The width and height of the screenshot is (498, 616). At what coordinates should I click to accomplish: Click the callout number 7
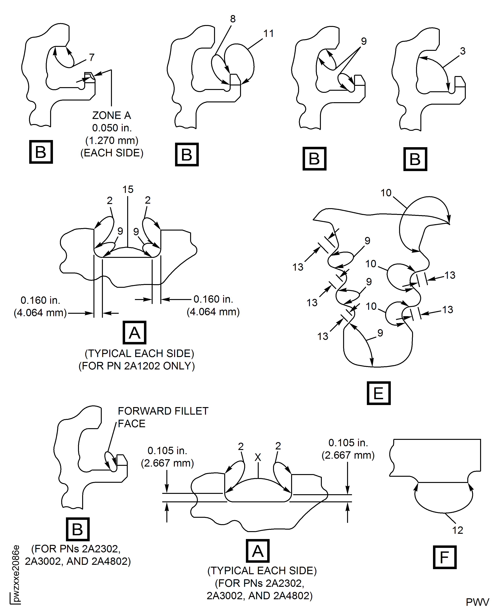click(x=92, y=57)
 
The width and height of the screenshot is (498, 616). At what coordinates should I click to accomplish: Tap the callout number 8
click(x=233, y=19)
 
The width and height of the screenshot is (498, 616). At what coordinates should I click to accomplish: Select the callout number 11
click(x=269, y=34)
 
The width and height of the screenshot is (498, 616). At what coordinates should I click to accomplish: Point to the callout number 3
click(x=462, y=51)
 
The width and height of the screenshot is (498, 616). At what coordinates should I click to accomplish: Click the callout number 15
click(x=128, y=189)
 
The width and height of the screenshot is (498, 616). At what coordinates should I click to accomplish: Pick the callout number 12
click(x=457, y=530)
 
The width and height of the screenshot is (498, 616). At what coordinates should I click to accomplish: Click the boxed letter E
click(x=379, y=393)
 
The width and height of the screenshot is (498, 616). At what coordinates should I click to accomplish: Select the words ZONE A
click(x=112, y=115)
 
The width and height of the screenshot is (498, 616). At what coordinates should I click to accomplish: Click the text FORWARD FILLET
click(x=163, y=411)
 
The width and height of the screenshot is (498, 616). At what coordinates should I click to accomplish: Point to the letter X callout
click(x=258, y=457)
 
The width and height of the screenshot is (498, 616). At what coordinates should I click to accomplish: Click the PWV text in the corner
click(x=477, y=602)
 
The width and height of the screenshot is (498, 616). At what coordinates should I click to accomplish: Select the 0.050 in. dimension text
click(x=112, y=128)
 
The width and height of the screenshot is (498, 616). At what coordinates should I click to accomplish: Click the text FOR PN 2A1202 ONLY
click(x=137, y=366)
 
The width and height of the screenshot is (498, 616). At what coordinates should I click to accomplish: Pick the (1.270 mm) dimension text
click(x=112, y=141)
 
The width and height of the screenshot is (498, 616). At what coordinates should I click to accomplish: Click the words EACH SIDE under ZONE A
click(x=112, y=153)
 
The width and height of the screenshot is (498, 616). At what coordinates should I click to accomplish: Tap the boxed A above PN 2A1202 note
click(x=135, y=333)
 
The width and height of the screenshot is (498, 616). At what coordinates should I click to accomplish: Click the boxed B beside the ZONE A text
click(x=41, y=152)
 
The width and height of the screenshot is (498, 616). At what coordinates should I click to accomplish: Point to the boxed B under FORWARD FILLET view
click(x=78, y=529)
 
